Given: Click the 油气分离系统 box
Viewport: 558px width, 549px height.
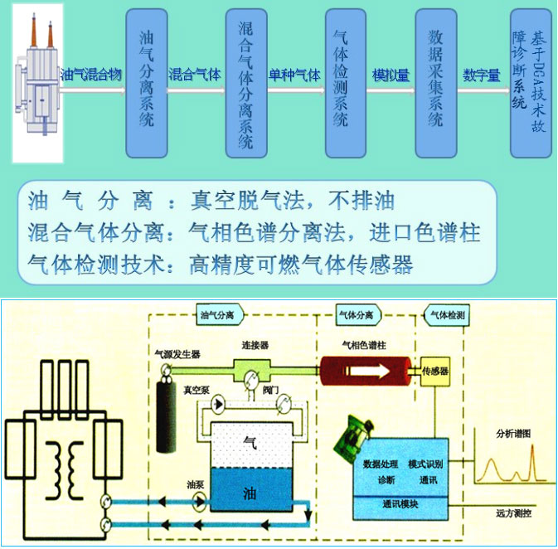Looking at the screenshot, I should point(146,83).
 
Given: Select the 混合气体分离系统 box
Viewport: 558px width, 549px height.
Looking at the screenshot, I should point(245,83).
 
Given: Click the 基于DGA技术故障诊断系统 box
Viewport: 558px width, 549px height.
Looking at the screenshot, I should point(531,83).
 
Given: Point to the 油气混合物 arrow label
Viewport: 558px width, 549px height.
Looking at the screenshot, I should point(91,75).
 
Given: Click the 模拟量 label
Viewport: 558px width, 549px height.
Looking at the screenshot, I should point(391,75).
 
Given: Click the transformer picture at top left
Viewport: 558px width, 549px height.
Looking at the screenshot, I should point(37,83).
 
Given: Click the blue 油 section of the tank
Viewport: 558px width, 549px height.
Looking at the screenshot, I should point(250,489).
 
